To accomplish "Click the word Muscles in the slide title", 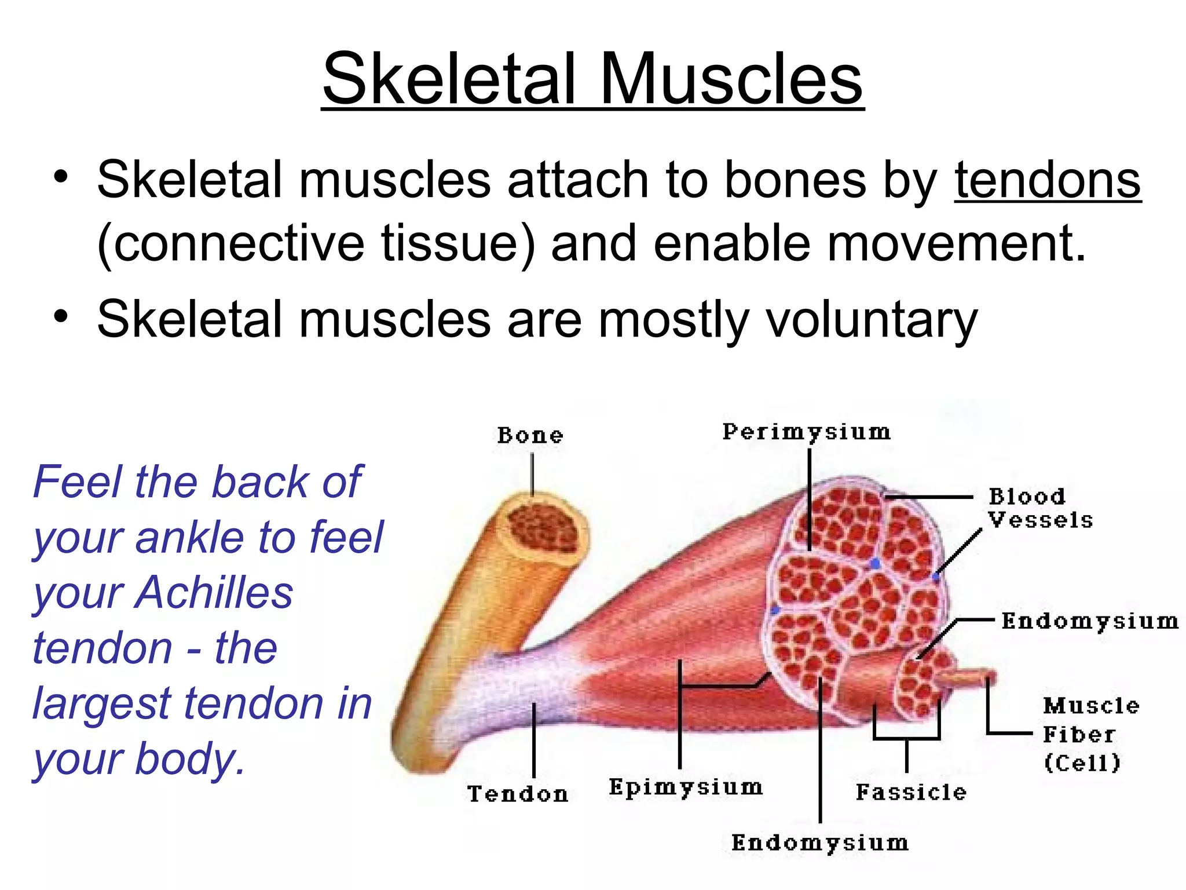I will [731, 79].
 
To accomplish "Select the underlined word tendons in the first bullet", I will [1048, 180].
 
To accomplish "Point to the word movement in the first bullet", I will [956, 243].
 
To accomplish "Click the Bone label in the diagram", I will [530, 436].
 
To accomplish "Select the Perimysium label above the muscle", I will [806, 432].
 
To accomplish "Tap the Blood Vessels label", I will [1039, 508].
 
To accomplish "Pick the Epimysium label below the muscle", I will [686, 787].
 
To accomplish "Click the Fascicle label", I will [911, 792].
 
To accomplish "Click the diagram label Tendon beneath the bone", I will [518, 794].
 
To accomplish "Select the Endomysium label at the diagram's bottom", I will [819, 843].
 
